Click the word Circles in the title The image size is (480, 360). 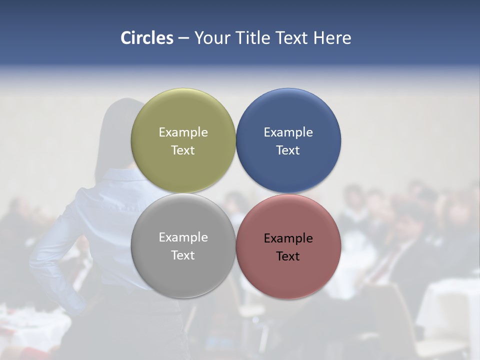146,38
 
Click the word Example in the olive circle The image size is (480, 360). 183,132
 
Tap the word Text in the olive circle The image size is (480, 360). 183,150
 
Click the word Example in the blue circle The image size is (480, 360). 288,132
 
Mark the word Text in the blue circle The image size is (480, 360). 288,150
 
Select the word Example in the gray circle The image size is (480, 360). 183,237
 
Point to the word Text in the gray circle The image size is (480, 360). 183,255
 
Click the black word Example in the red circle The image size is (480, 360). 288,238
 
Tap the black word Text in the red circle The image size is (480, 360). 288,256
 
